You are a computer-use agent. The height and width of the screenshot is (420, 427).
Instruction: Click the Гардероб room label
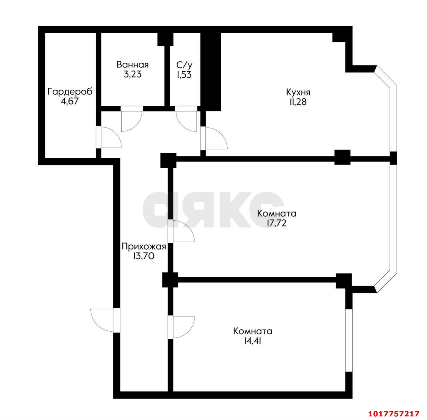70,92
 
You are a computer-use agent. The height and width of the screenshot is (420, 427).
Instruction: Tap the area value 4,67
70,101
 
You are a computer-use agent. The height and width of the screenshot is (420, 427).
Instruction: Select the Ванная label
132,65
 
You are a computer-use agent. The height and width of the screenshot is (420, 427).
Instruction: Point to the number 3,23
132,74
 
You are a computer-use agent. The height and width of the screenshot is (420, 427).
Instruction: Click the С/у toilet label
184,65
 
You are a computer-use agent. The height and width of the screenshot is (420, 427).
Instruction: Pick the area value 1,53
184,75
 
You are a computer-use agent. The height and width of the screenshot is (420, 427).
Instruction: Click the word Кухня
298,92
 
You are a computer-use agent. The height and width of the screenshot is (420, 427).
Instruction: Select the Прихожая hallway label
144,247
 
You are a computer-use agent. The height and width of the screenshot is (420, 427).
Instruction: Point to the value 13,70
143,256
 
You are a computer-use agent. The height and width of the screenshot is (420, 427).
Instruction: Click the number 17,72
276,223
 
